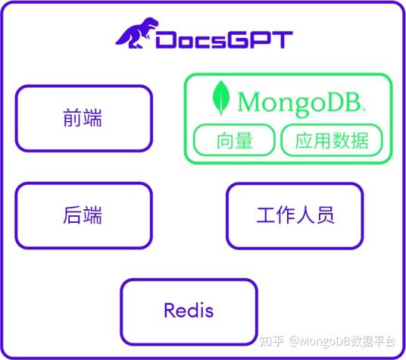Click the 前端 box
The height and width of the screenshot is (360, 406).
point(83,118)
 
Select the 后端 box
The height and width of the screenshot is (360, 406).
point(83,216)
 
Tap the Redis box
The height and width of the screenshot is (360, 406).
point(189,311)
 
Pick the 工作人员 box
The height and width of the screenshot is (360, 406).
point(295,216)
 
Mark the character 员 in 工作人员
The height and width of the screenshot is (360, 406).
point(324,216)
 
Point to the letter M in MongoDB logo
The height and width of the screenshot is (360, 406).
point(249,102)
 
